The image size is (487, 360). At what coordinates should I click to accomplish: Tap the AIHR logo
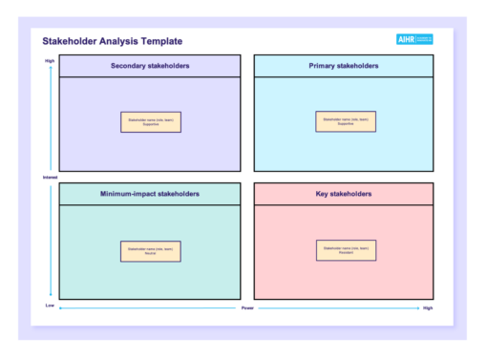coord(414,39)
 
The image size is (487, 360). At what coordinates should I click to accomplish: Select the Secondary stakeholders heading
coord(150,66)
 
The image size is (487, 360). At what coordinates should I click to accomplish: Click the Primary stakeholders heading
coord(343,66)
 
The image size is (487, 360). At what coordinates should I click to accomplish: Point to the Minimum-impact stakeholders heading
coord(150,194)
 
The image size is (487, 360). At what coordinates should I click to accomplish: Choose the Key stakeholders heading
coord(343,194)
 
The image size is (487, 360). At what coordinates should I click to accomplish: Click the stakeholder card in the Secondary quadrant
coord(150,121)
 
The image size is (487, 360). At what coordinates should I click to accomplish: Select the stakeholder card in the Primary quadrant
coord(346,121)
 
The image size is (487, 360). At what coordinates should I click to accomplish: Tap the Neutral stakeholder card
coord(150,251)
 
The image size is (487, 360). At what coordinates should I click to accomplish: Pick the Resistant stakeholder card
coord(346,250)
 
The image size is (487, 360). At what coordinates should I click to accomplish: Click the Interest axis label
coord(50,178)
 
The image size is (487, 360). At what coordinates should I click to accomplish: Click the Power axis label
coord(247,308)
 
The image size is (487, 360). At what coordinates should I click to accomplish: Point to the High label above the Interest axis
coord(50,61)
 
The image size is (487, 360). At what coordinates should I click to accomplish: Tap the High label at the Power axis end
coord(428,308)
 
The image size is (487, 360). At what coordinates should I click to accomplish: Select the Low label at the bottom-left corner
coord(50,306)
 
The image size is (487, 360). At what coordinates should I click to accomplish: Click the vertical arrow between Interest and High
coord(50,119)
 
